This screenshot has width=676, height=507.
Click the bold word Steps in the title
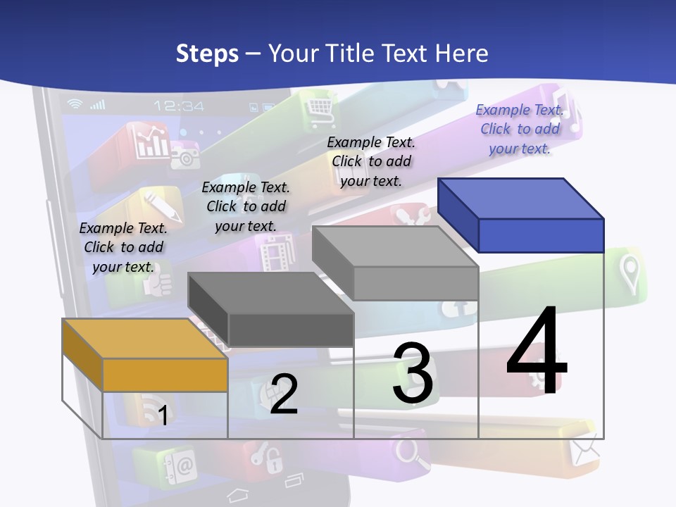coord(207,54)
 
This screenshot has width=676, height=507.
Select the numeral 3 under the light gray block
coord(413,373)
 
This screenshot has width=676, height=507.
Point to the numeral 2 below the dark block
coord(284,394)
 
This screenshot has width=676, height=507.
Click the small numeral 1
coord(163,415)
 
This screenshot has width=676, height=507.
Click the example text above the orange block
coord(123,247)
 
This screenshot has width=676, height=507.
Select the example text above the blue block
coord(520,129)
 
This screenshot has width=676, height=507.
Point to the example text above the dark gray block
coord(246,206)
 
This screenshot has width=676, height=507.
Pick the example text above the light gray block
coord(371,161)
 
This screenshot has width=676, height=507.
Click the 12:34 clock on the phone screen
coord(179,106)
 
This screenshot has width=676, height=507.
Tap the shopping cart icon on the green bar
coord(318,107)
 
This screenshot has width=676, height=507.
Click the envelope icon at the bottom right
coord(585,449)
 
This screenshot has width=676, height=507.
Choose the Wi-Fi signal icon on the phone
coord(75,104)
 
